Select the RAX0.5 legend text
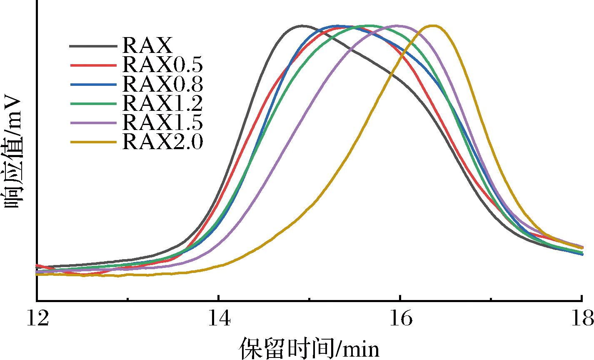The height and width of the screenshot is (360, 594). point(162,64)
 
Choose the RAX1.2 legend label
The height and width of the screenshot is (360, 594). point(162,103)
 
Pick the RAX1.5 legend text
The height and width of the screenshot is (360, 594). point(162,123)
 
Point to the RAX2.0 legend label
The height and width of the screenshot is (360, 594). point(162,142)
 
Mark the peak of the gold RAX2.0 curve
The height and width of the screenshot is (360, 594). point(434,26)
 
